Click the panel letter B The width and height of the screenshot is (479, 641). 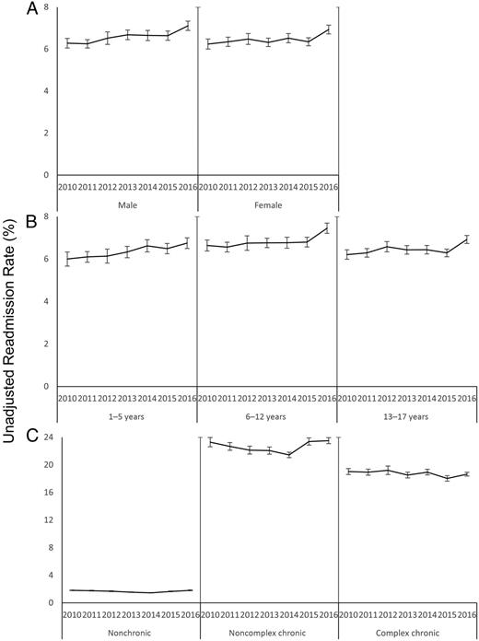pos(32,221)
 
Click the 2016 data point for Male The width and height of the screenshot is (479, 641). pos(187,25)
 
